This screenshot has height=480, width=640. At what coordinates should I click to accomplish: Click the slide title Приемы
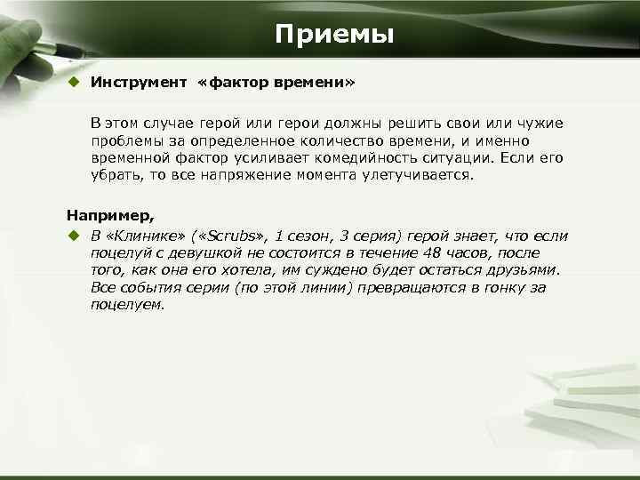point(333,35)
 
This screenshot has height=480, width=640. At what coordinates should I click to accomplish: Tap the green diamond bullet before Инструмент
point(76,83)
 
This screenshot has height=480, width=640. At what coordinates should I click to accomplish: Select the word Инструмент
point(138,83)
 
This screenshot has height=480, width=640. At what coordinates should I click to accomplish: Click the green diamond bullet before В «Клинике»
point(76,236)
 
